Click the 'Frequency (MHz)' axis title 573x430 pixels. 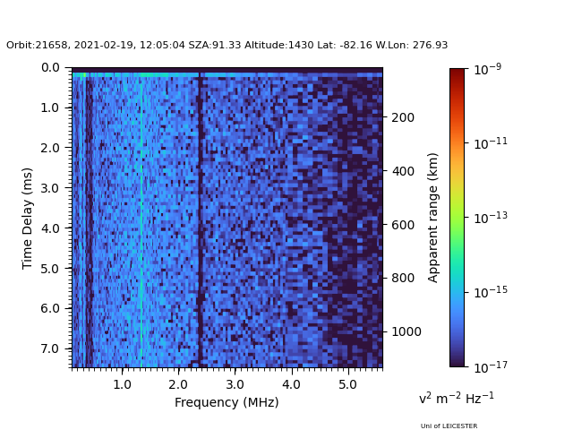coord(227,402)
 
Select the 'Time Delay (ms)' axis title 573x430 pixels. coord(28,218)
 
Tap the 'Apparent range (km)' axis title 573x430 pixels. coord(433,216)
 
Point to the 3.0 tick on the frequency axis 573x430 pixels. coord(235,383)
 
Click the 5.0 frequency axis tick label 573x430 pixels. coord(346,383)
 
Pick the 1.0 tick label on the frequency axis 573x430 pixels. coord(123,383)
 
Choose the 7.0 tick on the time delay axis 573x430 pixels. coord(50,348)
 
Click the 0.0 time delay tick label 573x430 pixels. coord(50,67)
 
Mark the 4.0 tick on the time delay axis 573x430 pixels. coord(50,228)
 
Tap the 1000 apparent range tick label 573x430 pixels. coord(405,331)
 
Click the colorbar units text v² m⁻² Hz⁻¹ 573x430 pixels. coord(457,399)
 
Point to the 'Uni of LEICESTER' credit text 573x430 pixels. coord(449,426)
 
